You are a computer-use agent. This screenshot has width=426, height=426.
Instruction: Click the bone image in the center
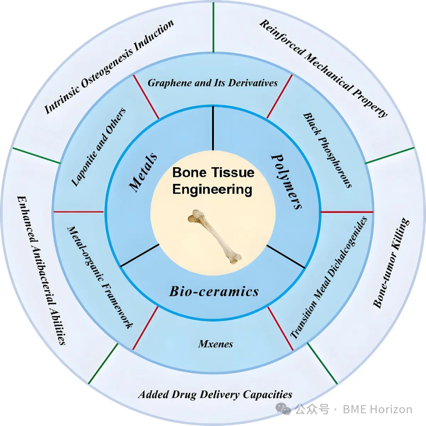click(x=215, y=236)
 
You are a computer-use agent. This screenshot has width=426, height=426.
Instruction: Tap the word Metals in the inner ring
click(x=143, y=172)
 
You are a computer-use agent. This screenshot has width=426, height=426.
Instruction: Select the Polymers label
click(x=286, y=181)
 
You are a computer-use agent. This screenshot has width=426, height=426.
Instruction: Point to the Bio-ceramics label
click(x=214, y=291)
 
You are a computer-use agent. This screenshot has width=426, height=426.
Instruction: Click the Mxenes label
click(x=216, y=344)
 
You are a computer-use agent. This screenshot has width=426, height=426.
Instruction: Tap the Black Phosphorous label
click(x=327, y=150)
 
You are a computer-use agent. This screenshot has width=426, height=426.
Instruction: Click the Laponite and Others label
click(x=98, y=147)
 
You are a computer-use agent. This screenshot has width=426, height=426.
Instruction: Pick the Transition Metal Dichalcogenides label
click(x=329, y=277)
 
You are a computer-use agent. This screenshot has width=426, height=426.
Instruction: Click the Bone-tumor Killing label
click(x=391, y=263)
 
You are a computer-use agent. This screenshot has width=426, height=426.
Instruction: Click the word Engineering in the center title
click(x=212, y=190)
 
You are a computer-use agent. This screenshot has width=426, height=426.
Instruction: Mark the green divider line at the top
click(x=213, y=27)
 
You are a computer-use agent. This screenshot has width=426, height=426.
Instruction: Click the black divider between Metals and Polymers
click(x=213, y=128)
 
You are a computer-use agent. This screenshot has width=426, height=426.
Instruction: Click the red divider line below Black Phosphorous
click(x=347, y=212)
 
